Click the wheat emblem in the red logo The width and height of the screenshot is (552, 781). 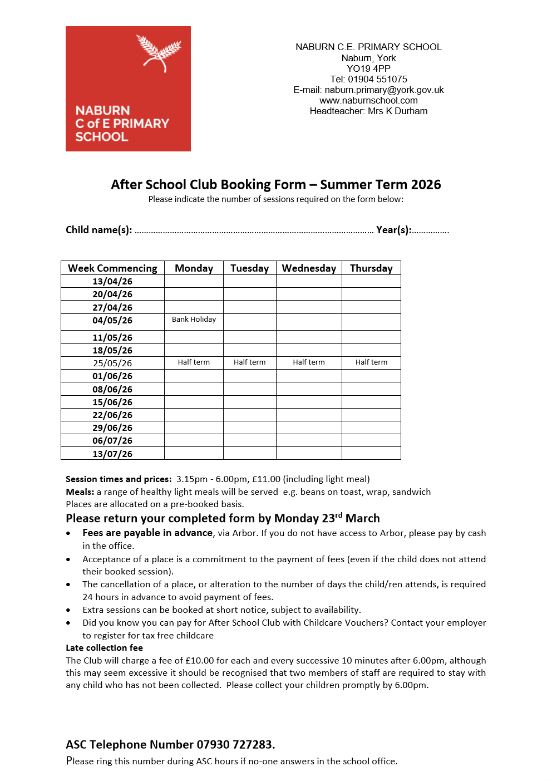click(x=159, y=53)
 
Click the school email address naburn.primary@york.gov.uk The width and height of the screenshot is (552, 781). click(x=384, y=90)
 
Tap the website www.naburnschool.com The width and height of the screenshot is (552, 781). click(x=368, y=100)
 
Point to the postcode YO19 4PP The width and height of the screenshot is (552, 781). click(x=368, y=68)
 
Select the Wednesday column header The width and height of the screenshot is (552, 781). click(x=309, y=268)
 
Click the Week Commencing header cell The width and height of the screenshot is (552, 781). click(x=112, y=268)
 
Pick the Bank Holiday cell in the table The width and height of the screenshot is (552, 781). click(x=194, y=320)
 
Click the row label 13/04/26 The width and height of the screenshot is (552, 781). click(x=112, y=281)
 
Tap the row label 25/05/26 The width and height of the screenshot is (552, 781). click(x=112, y=363)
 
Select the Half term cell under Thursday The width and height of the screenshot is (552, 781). click(x=371, y=362)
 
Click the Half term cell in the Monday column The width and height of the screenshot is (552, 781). click(x=194, y=362)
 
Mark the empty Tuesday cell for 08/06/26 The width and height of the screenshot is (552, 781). click(x=249, y=389)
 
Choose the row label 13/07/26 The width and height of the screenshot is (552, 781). click(x=112, y=454)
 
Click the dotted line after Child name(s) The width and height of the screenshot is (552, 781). click(x=254, y=231)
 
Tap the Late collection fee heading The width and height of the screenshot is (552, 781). click(x=104, y=647)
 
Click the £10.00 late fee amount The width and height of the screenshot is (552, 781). click(x=200, y=660)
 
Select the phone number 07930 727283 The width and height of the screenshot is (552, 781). click(x=234, y=744)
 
